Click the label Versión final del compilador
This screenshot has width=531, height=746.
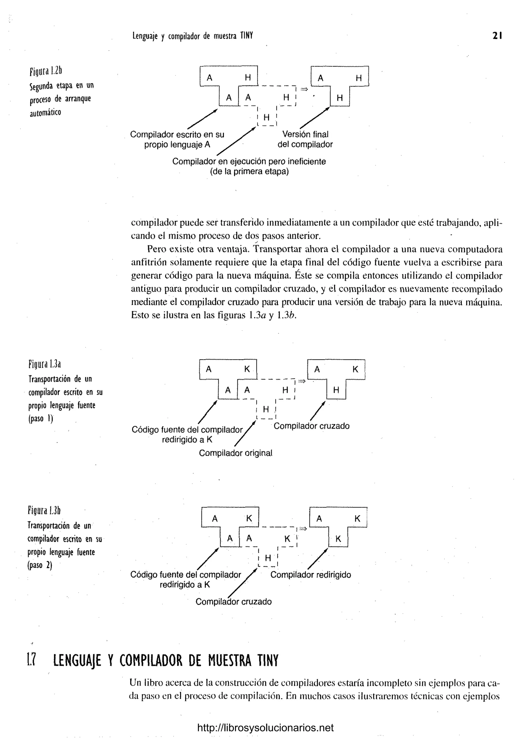click(305, 139)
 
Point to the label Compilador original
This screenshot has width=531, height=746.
click(235, 453)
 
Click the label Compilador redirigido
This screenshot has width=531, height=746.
click(310, 575)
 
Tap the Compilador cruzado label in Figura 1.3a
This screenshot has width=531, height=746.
click(311, 426)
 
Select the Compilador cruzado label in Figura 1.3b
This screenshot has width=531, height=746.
click(233, 602)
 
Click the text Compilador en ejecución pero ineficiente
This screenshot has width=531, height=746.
click(249, 162)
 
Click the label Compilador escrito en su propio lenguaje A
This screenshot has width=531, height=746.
click(177, 139)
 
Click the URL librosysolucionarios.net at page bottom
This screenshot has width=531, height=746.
click(265, 728)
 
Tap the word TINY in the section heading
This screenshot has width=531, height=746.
click(267, 661)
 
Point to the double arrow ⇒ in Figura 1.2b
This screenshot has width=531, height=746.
click(304, 89)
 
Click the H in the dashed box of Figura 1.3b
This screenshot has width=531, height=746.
click(268, 558)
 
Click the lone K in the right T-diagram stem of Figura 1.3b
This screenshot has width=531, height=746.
click(338, 539)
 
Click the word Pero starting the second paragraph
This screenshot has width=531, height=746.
click(157, 249)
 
